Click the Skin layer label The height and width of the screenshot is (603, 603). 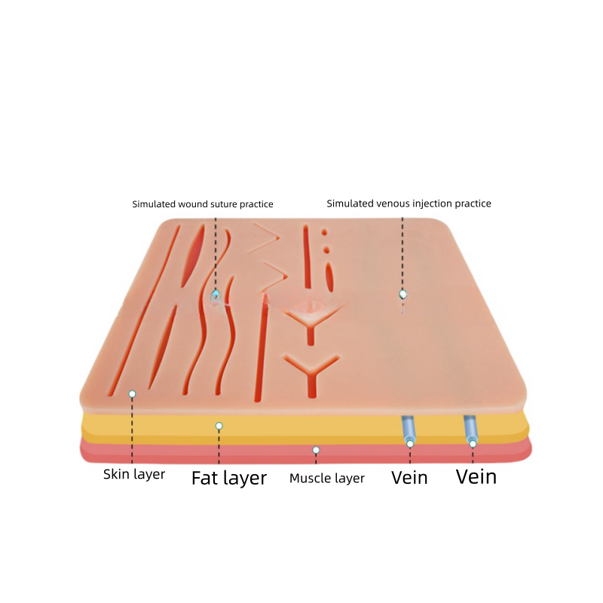click(134, 475)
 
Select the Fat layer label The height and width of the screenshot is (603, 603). click(228, 478)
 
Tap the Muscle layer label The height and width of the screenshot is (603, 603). click(327, 478)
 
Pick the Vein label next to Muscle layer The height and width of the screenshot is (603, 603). click(409, 477)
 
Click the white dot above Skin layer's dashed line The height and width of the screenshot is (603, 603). click(132, 394)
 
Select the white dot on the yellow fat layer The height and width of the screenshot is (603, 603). click(219, 426)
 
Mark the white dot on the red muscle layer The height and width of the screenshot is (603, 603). click(316, 450)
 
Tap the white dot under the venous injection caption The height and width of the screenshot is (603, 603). click(403, 294)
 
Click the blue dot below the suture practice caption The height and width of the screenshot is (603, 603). click(216, 294)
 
